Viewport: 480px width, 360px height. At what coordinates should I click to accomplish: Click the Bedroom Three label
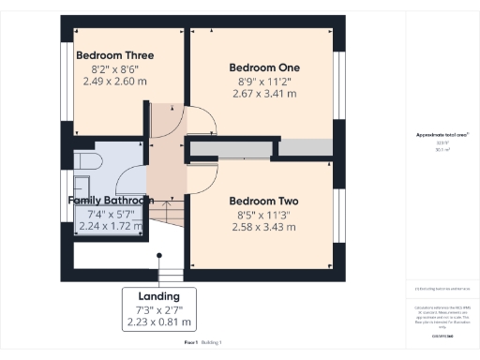pyautogui.click(x=114, y=55)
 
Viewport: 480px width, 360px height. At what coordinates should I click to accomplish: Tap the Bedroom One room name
pyautogui.click(x=263, y=67)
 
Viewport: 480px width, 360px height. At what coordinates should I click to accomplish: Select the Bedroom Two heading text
pyautogui.click(x=263, y=202)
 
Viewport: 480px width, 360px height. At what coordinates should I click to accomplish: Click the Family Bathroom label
pyautogui.click(x=111, y=201)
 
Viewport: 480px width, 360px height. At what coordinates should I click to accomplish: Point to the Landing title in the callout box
pyautogui.click(x=159, y=296)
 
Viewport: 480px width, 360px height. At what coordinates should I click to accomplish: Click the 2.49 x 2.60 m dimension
pyautogui.click(x=114, y=82)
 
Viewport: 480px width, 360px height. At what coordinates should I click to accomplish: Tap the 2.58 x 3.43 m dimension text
pyautogui.click(x=263, y=228)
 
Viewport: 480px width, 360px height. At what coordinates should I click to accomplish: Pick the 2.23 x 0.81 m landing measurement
pyautogui.click(x=159, y=322)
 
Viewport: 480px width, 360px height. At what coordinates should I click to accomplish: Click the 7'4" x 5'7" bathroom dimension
pyautogui.click(x=111, y=214)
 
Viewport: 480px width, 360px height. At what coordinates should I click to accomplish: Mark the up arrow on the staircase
pyautogui.click(x=168, y=205)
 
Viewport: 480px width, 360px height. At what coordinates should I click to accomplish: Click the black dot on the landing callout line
pyautogui.click(x=159, y=253)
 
